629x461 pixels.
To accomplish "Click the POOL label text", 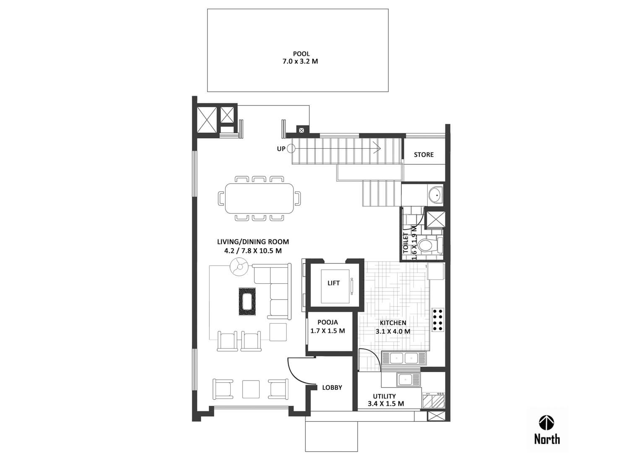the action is tap(302, 54).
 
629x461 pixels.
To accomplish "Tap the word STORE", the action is tap(424, 155).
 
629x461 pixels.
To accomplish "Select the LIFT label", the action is tap(333, 283).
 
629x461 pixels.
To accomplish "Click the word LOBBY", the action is tap(332, 388).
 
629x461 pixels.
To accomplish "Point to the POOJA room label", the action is tap(327, 322).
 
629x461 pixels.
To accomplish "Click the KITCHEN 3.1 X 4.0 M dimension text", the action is tap(393, 332).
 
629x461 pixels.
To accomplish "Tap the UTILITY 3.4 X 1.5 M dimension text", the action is tap(386, 404).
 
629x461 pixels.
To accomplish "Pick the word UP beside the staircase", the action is tap(281, 149).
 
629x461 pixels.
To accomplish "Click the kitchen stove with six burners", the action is tap(437, 320).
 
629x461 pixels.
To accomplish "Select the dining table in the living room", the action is tap(259, 198).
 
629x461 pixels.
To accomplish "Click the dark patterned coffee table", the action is tap(247, 302).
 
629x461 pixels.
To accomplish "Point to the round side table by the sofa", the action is tap(239, 267).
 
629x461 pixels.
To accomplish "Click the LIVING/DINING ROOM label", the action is tap(253, 242).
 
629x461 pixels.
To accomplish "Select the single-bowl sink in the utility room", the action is tap(408, 380).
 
